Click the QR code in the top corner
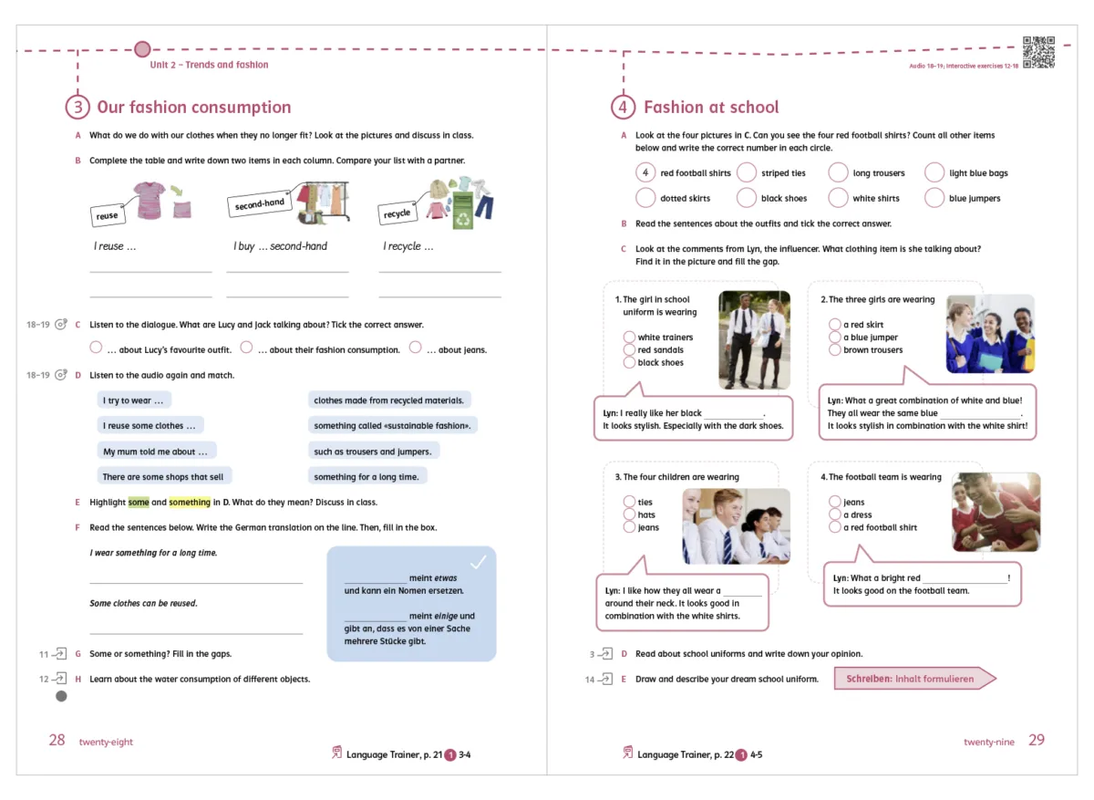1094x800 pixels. pos(1038,52)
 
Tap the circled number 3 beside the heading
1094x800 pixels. pos(77,107)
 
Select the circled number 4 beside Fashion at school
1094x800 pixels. pos(623,107)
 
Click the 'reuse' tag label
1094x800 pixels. pos(108,215)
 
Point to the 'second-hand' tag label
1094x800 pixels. pos(259,204)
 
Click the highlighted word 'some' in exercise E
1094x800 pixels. pos(139,503)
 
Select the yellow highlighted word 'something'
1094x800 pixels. pos(190,503)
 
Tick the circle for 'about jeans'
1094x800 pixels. pos(416,348)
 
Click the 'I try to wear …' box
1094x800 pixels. pos(134,400)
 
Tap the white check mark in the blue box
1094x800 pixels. pos(479,562)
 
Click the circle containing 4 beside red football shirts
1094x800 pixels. pos(645,172)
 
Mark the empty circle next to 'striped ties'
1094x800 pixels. pos(747,172)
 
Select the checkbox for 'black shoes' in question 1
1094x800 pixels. pos(629,362)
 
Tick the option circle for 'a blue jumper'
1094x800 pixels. pos(834,338)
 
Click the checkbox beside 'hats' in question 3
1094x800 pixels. pos(629,514)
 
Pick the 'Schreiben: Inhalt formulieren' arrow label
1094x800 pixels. pos(913,679)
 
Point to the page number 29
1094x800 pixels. pos(1037,740)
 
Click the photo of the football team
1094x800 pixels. pos(996,512)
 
